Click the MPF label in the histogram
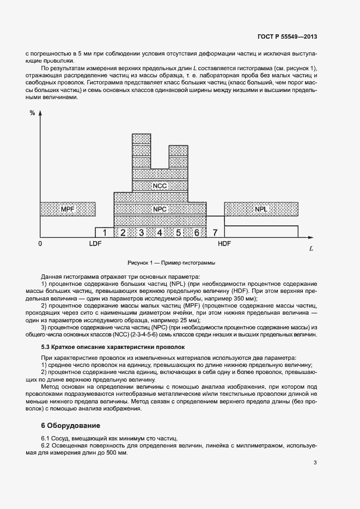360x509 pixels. (x=68, y=209)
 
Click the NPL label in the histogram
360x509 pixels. (x=261, y=209)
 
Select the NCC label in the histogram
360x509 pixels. (x=160, y=186)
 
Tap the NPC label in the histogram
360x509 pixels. (x=160, y=209)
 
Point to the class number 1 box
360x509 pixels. (x=105, y=233)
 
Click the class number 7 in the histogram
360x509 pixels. (x=215, y=233)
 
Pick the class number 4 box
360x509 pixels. (x=160, y=233)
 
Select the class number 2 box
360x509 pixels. (x=123, y=233)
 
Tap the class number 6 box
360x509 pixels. (x=197, y=233)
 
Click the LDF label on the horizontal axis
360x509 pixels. (x=95, y=244)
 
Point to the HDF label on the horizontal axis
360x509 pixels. (x=224, y=244)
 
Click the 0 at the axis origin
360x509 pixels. (x=40, y=244)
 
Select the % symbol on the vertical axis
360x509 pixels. (x=32, y=113)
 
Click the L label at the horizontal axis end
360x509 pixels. (x=310, y=249)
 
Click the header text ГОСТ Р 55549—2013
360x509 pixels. (x=287, y=36)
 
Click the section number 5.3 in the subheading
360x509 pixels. (x=47, y=346)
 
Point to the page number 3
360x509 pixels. (x=315, y=463)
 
